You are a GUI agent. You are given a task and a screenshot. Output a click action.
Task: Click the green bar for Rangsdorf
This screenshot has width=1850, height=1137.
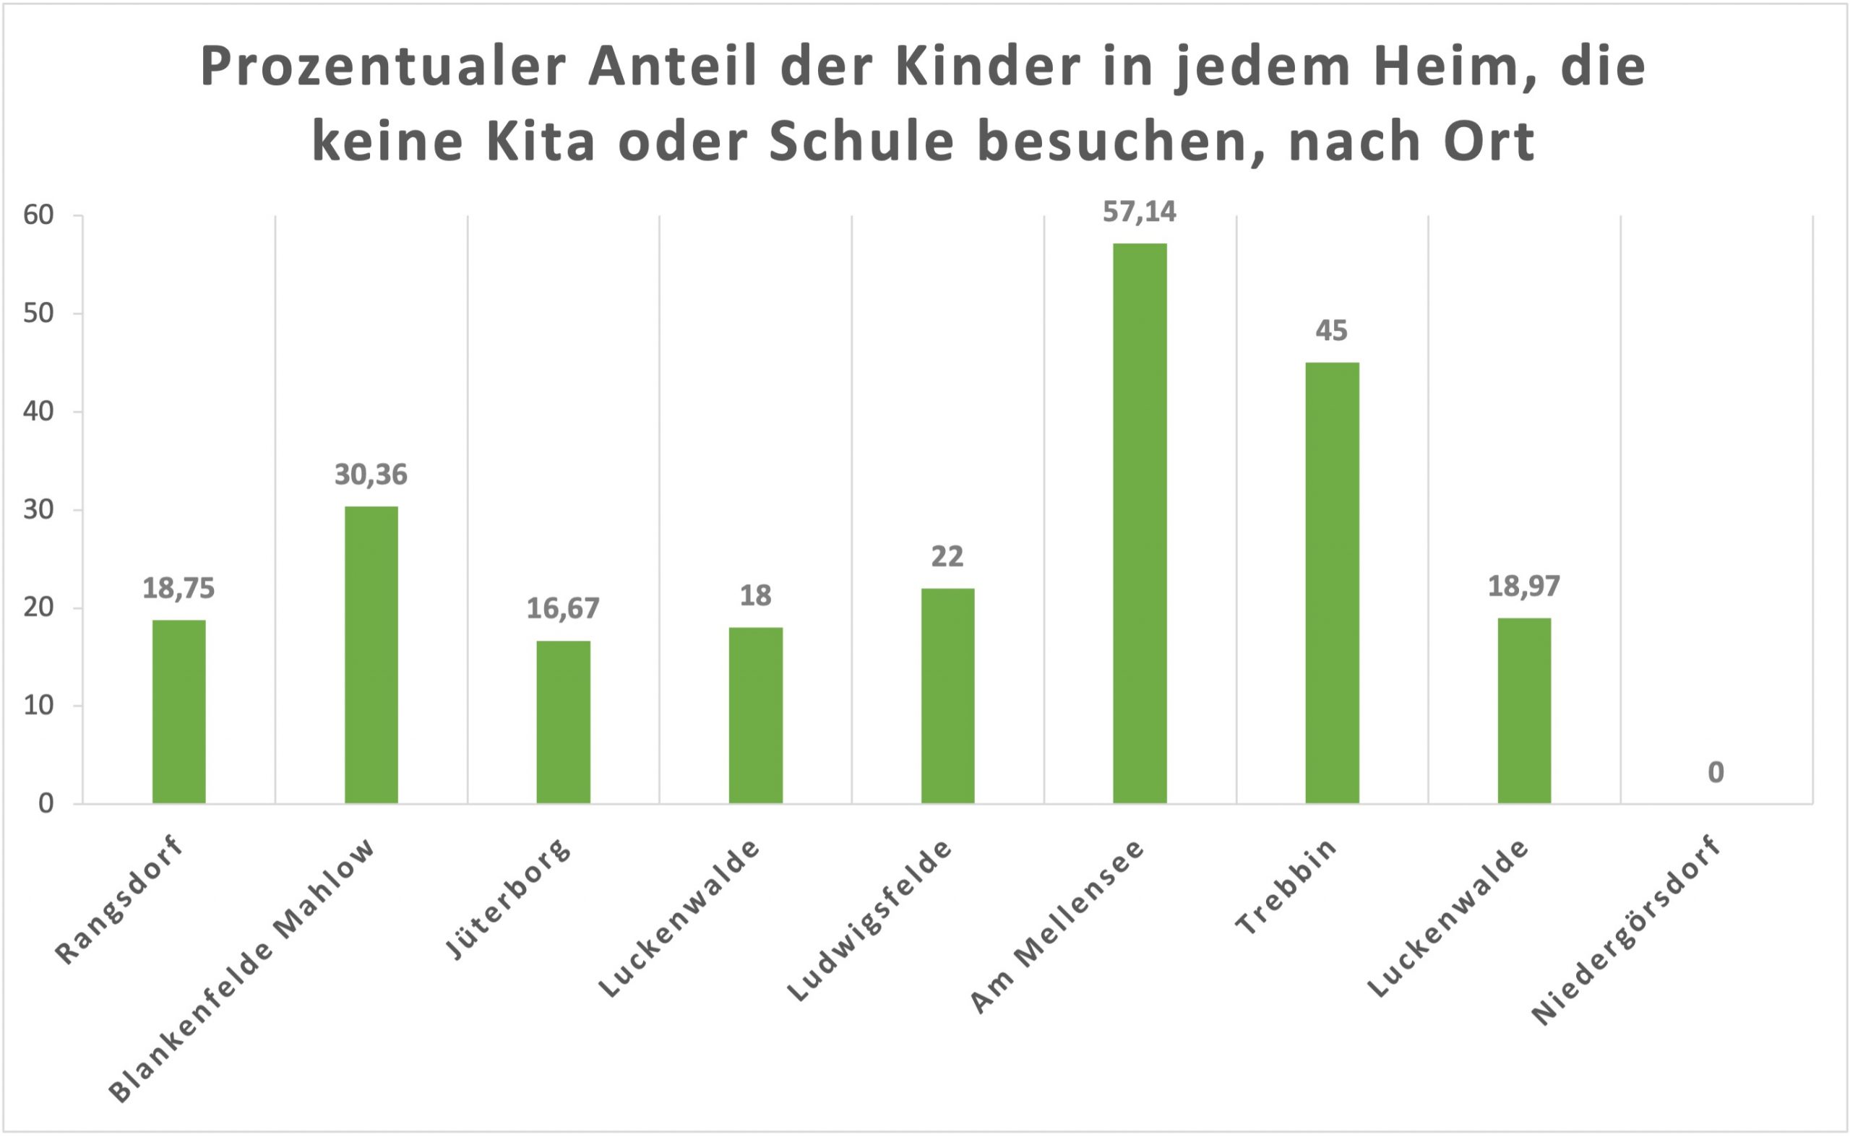click(x=179, y=711)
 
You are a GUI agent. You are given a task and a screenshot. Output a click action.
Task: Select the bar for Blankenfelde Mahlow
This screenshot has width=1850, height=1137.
click(x=371, y=654)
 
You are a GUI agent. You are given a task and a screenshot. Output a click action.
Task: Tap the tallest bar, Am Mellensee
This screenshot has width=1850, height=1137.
click(x=1140, y=522)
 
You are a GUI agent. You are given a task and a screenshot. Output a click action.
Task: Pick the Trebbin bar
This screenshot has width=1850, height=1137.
click(x=1332, y=583)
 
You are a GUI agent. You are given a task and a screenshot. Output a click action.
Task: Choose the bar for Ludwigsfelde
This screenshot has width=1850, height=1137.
click(x=947, y=696)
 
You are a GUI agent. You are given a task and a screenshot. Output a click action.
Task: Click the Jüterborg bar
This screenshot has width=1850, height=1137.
click(x=564, y=722)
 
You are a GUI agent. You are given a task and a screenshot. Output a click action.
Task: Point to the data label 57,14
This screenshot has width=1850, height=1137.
click(x=1139, y=212)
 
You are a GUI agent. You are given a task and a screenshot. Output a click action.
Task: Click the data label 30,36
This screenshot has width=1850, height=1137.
click(x=371, y=475)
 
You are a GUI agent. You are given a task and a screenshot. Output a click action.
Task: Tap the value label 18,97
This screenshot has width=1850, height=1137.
click(x=1524, y=587)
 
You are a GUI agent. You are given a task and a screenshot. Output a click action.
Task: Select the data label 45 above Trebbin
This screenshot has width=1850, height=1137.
click(x=1332, y=331)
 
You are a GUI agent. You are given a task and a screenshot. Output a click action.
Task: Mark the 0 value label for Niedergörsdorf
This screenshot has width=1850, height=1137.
click(x=1716, y=772)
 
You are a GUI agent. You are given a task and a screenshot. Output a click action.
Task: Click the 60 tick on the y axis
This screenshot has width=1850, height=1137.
click(x=39, y=215)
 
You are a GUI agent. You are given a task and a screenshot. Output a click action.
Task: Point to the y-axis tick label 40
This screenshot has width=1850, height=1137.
click(x=39, y=411)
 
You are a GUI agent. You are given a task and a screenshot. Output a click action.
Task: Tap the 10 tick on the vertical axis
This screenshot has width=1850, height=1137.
click(x=39, y=705)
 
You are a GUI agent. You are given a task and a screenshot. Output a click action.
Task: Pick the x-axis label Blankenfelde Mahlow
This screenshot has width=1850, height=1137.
click(x=242, y=970)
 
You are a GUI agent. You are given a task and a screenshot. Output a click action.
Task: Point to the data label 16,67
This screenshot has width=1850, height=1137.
click(x=563, y=608)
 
